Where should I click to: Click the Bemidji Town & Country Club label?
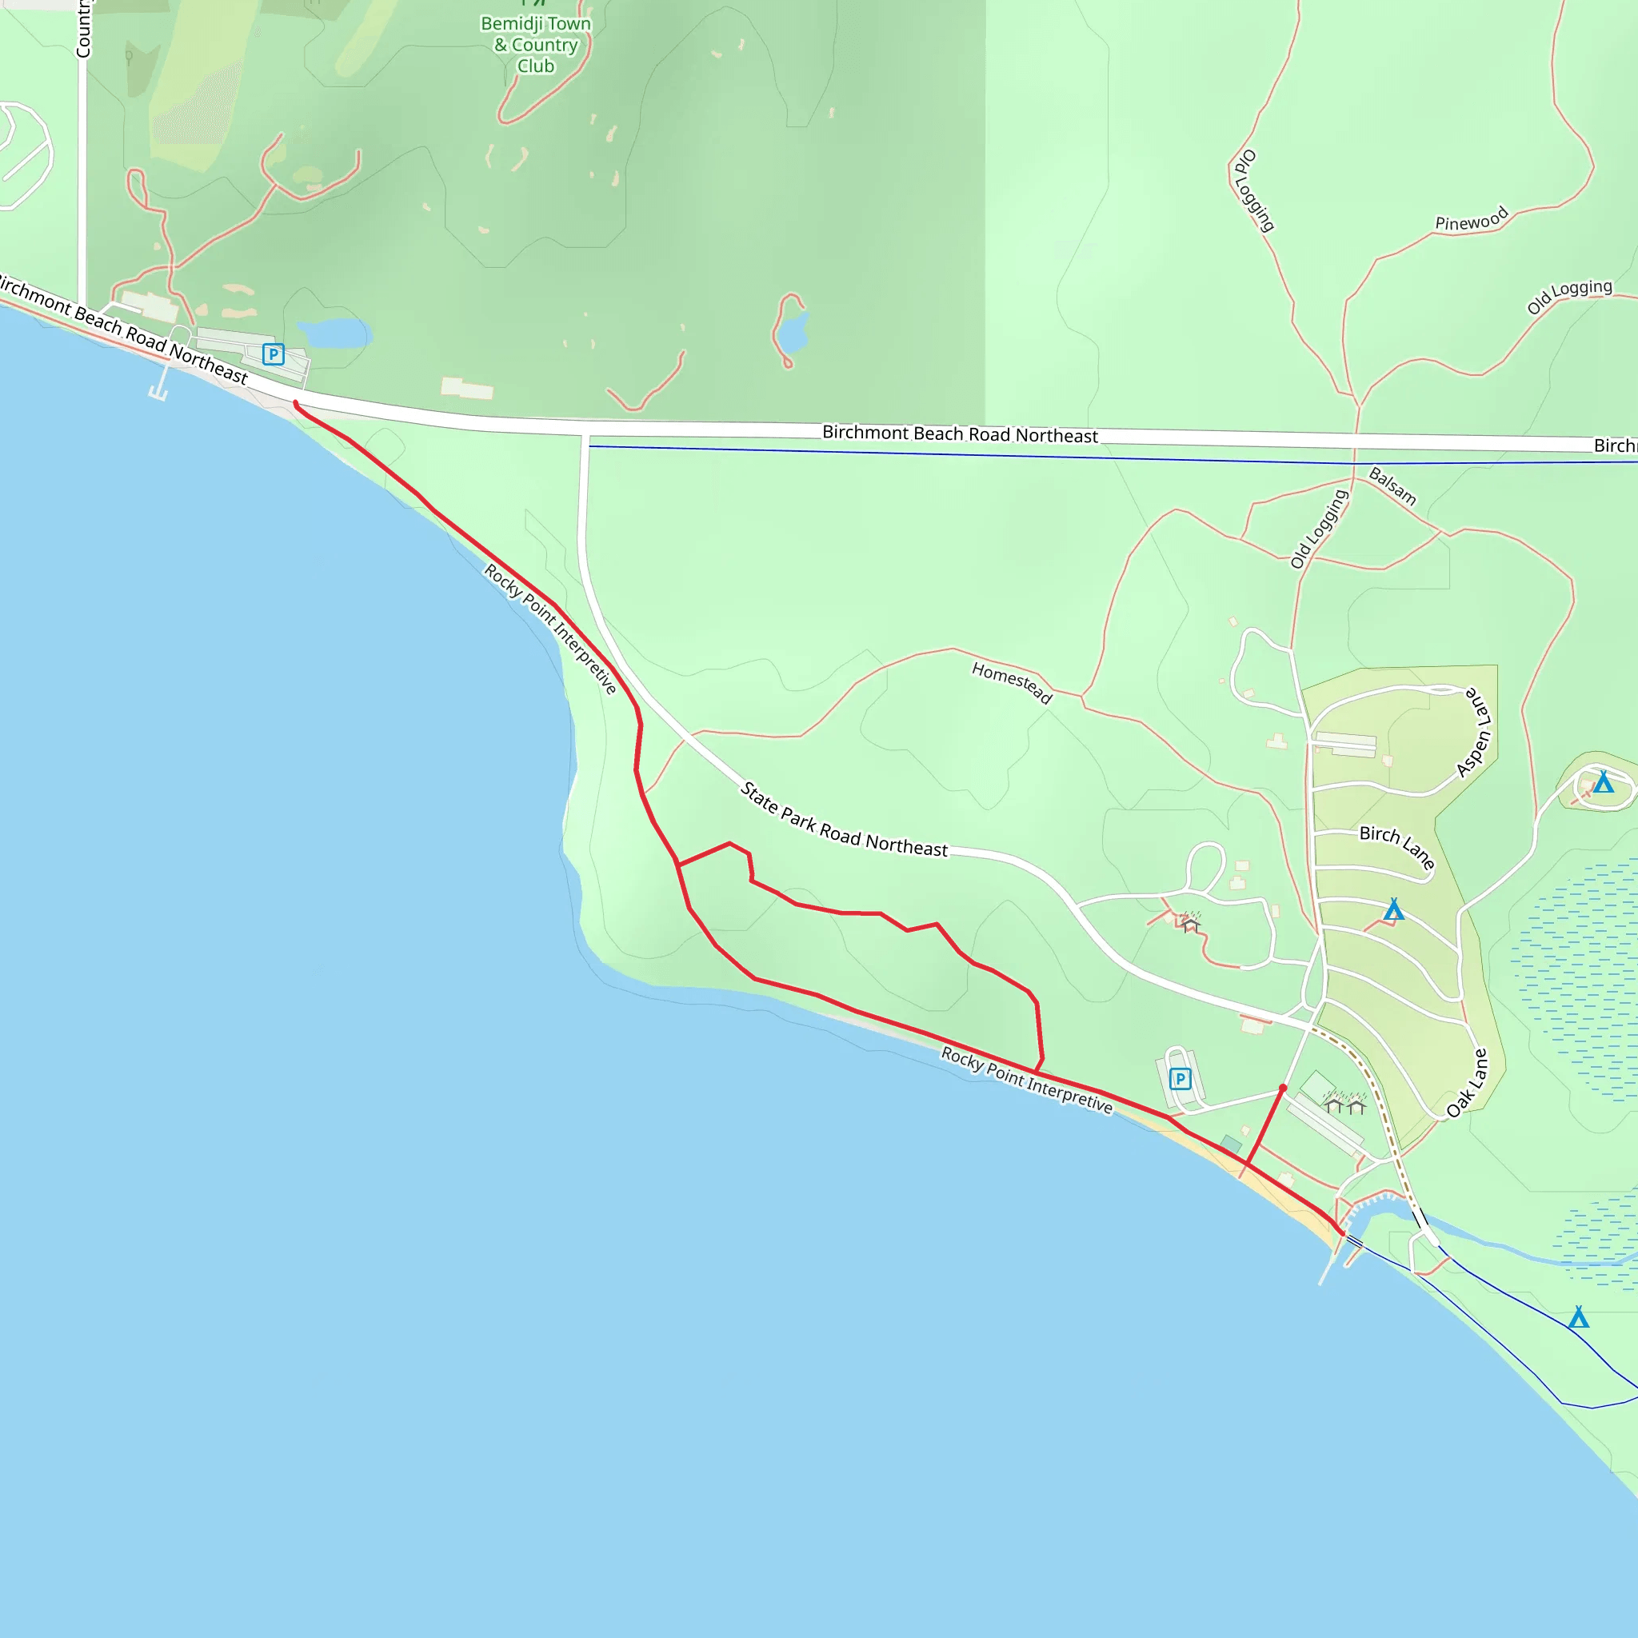536,45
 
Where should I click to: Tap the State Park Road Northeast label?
844,820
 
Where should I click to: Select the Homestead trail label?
1012,683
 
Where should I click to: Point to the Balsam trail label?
1392,486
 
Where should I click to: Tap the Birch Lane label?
1396,846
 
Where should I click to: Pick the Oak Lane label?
1468,1084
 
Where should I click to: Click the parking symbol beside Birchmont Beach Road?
273,354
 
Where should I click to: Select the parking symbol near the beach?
1181,1079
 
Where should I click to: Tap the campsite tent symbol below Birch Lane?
1394,910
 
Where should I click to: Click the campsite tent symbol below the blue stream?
1578,1318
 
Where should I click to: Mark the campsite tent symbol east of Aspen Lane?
1602,781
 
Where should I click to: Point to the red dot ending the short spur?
1283,1088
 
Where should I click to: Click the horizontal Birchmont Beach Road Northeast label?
960,434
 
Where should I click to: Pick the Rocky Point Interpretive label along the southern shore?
1026,1080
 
